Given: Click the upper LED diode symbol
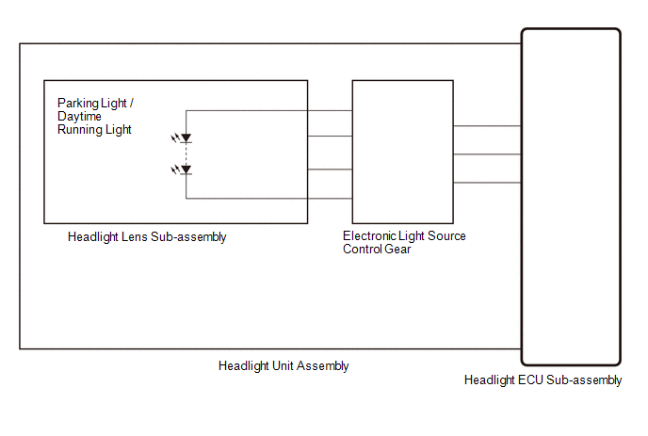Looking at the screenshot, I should [x=186, y=139].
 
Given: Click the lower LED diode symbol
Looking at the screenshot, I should [x=186, y=170].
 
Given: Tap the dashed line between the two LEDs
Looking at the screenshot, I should [x=186, y=154].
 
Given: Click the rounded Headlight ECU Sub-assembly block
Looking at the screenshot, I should [x=571, y=197].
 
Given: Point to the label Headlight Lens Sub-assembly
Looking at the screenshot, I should [x=147, y=237].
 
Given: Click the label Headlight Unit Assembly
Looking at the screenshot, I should [x=283, y=366].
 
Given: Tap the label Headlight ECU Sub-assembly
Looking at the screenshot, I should [x=543, y=380].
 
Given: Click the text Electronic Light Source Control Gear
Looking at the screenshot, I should [x=404, y=243].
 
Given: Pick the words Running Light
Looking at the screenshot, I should [x=94, y=130].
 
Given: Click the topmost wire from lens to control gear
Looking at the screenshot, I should [x=330, y=110].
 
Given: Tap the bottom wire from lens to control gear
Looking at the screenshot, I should [x=330, y=199].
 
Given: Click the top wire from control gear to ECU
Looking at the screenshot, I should [x=487, y=125].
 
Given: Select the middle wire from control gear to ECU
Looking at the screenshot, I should [x=487, y=154].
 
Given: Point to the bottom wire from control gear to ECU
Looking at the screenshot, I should [x=487, y=183].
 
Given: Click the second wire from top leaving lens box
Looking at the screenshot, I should [x=330, y=136].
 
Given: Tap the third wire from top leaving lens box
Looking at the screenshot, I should [x=330, y=170].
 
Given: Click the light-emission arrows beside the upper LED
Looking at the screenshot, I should [x=174, y=138].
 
